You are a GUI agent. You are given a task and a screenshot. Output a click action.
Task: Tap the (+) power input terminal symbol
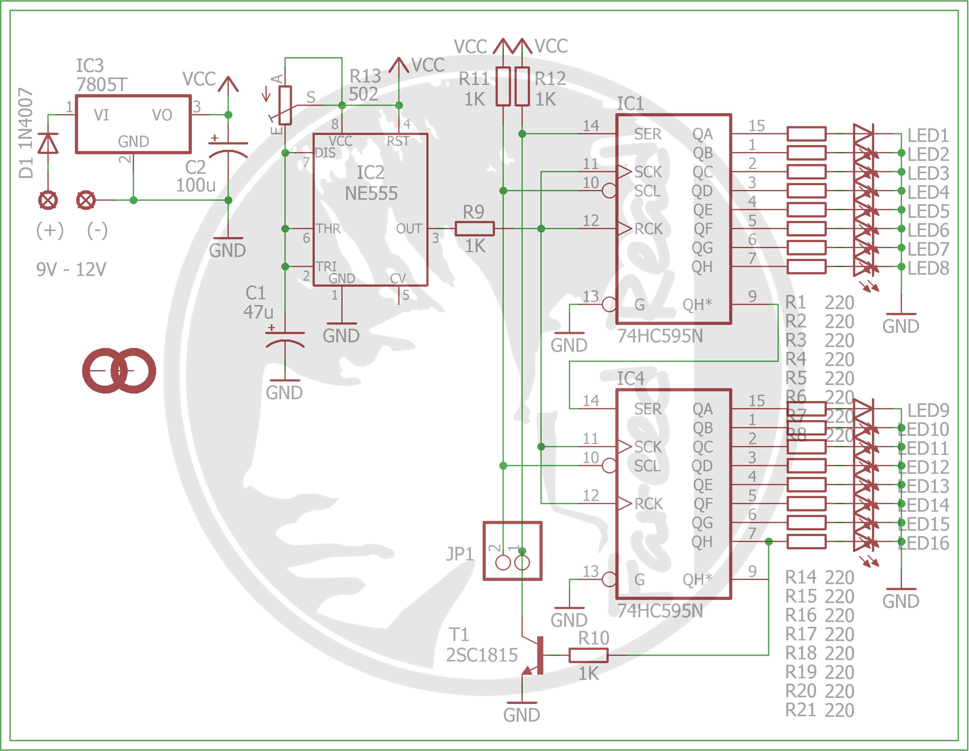(x=48, y=200)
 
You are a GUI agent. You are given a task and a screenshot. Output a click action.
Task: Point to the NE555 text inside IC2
(x=371, y=193)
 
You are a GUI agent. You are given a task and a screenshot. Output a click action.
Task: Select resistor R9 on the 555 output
(x=474, y=229)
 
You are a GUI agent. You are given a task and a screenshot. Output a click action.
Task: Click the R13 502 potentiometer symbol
(x=285, y=105)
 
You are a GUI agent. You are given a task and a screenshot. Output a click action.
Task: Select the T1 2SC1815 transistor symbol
(x=535, y=655)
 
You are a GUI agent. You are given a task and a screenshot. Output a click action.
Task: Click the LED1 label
(x=928, y=135)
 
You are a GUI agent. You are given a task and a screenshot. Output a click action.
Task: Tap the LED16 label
(x=925, y=543)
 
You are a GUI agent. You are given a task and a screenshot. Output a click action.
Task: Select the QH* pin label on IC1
(x=698, y=304)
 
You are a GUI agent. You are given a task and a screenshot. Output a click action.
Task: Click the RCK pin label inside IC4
(x=648, y=504)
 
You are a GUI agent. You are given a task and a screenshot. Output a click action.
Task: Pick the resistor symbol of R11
(x=503, y=86)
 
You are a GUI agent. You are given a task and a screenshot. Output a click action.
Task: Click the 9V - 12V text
(x=71, y=269)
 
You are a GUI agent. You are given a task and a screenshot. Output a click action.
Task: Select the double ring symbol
(x=119, y=371)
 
